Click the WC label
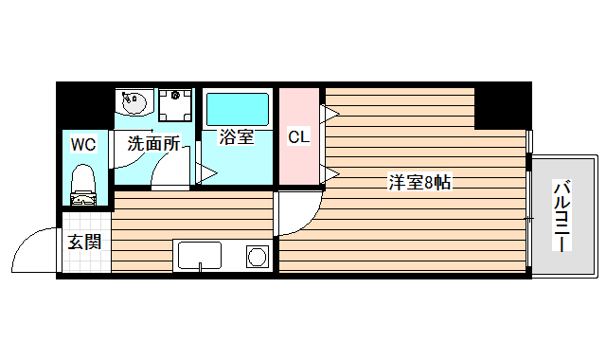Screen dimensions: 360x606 (83, 145)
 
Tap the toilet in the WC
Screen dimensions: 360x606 (84, 183)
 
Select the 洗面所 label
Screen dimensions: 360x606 (153, 144)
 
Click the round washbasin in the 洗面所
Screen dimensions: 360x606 (132, 101)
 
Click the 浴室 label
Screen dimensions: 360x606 (236, 137)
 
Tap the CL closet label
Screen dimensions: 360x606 (298, 137)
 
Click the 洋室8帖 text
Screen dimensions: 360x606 (419, 183)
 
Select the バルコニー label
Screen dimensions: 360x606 (561, 217)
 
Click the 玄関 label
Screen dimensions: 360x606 (83, 241)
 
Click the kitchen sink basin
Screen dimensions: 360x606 (198, 256)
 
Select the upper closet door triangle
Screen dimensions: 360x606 (330, 116)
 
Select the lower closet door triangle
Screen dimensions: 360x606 (330, 172)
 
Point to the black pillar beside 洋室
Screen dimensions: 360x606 (500, 106)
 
